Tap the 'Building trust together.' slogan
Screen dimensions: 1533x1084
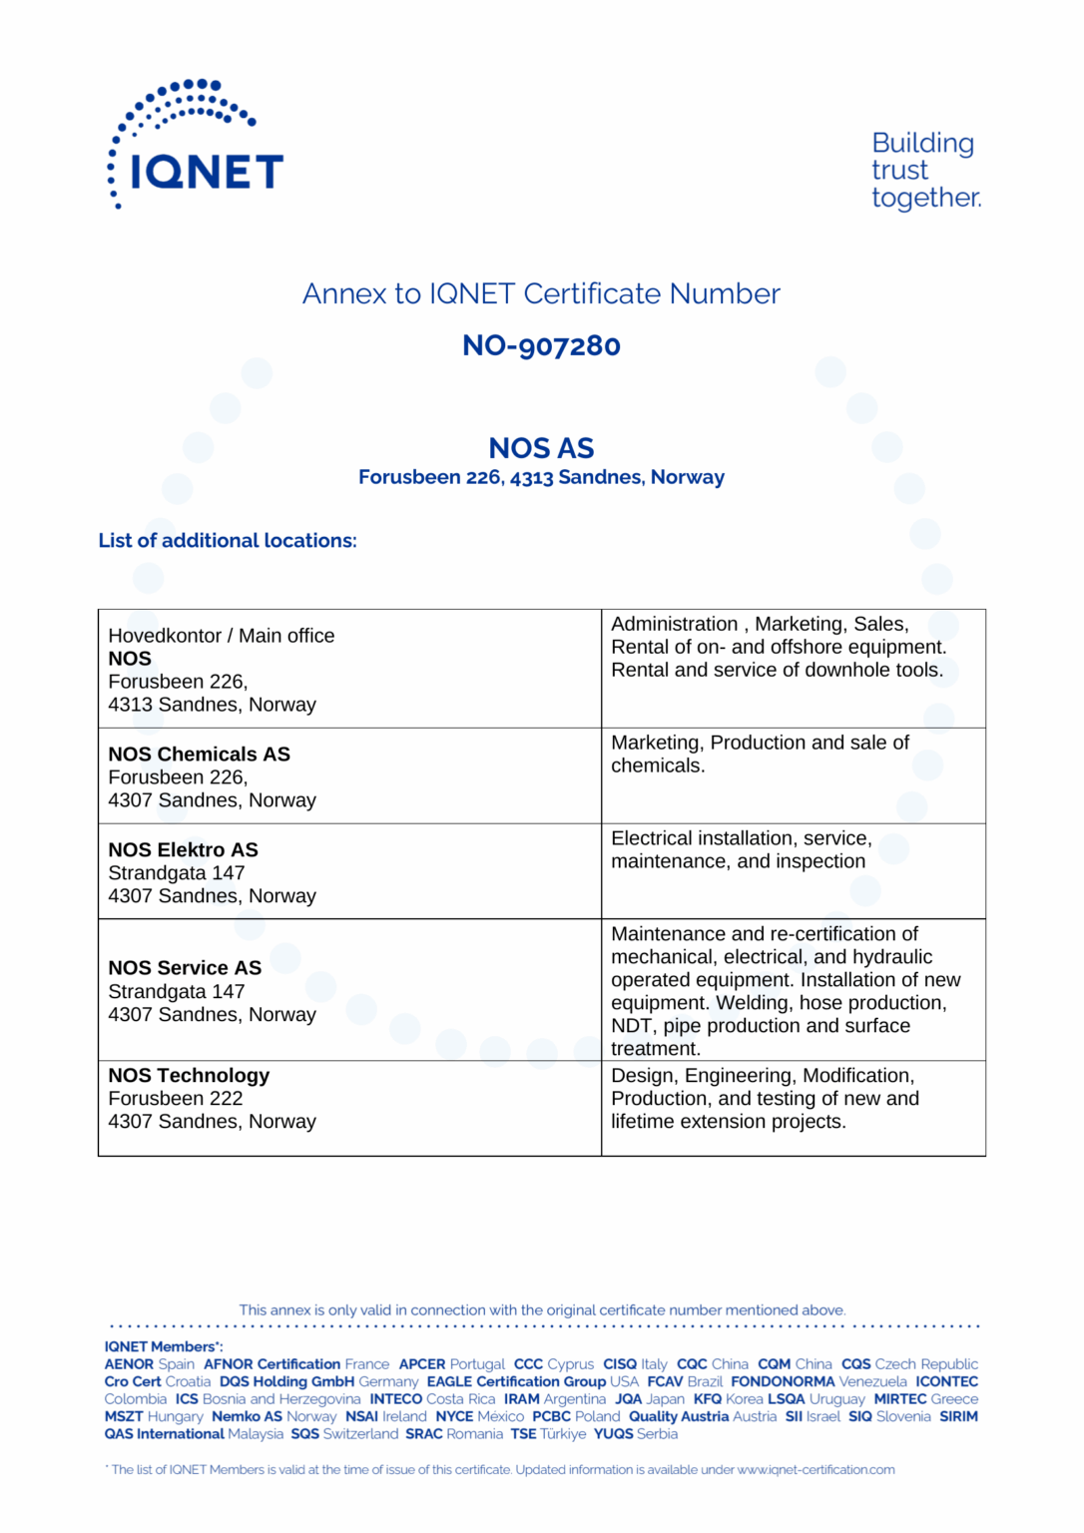pos(924,171)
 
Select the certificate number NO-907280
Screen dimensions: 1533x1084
pos(541,346)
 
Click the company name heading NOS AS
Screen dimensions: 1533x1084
pos(541,448)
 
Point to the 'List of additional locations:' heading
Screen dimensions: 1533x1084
pos(228,541)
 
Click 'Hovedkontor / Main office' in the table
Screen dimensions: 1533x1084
pos(222,636)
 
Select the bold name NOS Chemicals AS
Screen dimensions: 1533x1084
pos(200,755)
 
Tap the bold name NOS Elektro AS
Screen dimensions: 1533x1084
pos(183,850)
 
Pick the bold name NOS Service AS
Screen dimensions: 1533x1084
pos(185,968)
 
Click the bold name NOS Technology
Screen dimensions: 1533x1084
pos(189,1076)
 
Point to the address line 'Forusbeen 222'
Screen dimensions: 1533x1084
pos(176,1099)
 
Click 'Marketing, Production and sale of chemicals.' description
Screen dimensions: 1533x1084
pos(760,755)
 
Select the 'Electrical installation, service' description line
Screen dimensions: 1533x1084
pos(742,838)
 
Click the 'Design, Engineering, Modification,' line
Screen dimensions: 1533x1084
pos(763,1076)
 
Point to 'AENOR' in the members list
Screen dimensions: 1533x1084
pos(129,1364)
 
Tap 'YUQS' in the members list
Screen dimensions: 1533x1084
pos(613,1434)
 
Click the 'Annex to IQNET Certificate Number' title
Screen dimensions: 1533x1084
pos(541,294)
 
